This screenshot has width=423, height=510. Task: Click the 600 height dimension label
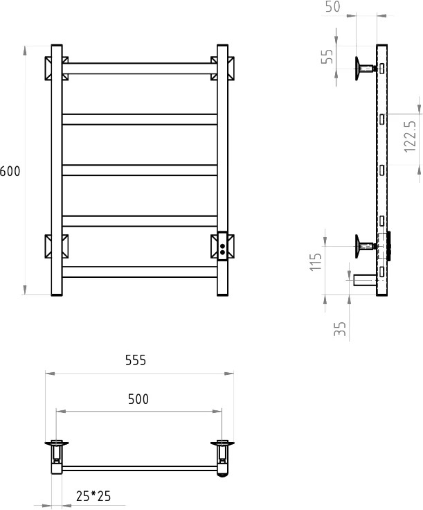click(x=10, y=171)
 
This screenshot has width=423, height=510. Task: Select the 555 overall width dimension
click(x=136, y=360)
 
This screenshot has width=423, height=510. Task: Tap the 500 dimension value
click(x=138, y=399)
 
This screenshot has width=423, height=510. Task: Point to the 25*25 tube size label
click(x=93, y=496)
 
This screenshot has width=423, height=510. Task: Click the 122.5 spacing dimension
click(x=411, y=137)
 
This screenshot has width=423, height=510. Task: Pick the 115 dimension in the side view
click(x=316, y=262)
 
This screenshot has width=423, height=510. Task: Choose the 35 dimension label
click(x=340, y=329)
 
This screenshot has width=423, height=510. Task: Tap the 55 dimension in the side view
click(x=327, y=57)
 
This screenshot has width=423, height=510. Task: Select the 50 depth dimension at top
click(x=333, y=6)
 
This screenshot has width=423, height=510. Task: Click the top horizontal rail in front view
click(x=140, y=69)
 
